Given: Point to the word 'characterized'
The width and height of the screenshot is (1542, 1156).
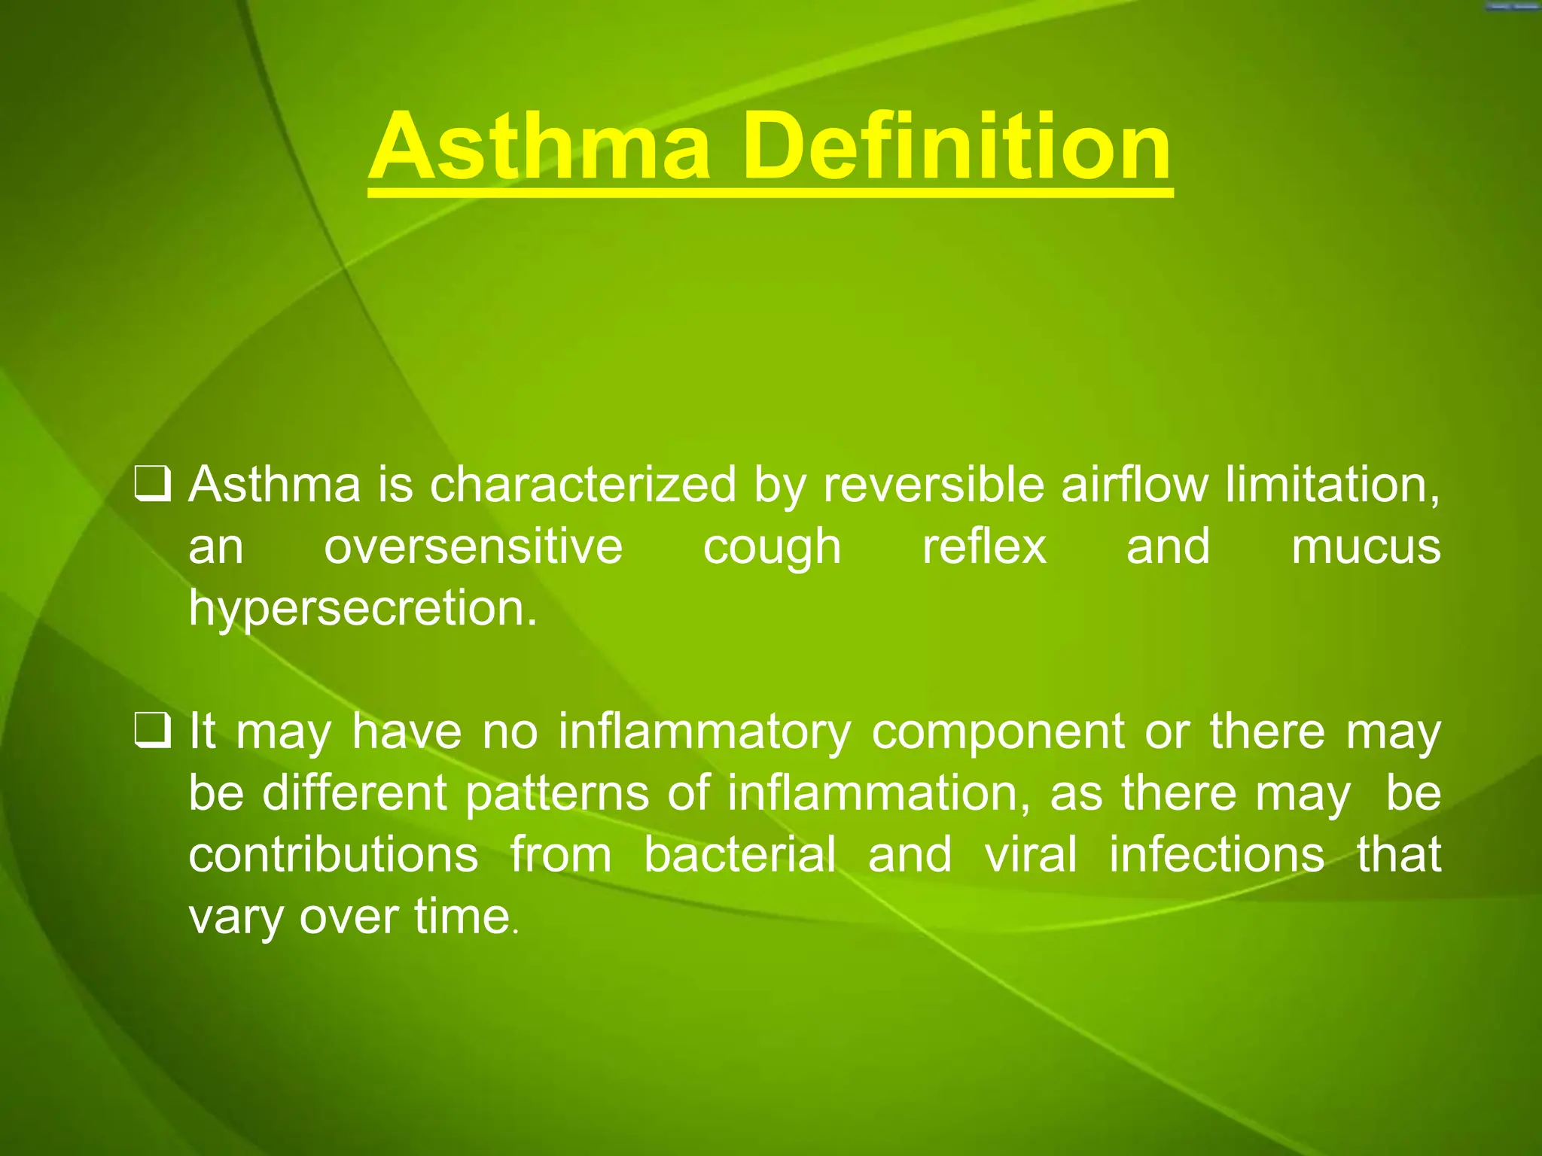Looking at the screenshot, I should point(583,485).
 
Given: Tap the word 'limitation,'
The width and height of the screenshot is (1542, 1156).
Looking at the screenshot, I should point(1333,485).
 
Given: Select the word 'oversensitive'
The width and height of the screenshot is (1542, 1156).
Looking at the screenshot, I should point(474,546).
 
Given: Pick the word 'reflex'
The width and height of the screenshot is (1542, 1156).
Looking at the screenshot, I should point(984,546).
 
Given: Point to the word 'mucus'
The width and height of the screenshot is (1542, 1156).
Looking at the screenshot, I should point(1366,548).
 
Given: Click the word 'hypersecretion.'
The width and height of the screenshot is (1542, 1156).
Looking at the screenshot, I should point(363,610).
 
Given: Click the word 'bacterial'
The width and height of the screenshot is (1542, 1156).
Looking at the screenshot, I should point(740,855).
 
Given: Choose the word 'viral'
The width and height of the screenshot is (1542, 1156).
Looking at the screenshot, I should point(1031,855).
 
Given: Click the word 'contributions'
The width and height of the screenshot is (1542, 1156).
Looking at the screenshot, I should point(334,855).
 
